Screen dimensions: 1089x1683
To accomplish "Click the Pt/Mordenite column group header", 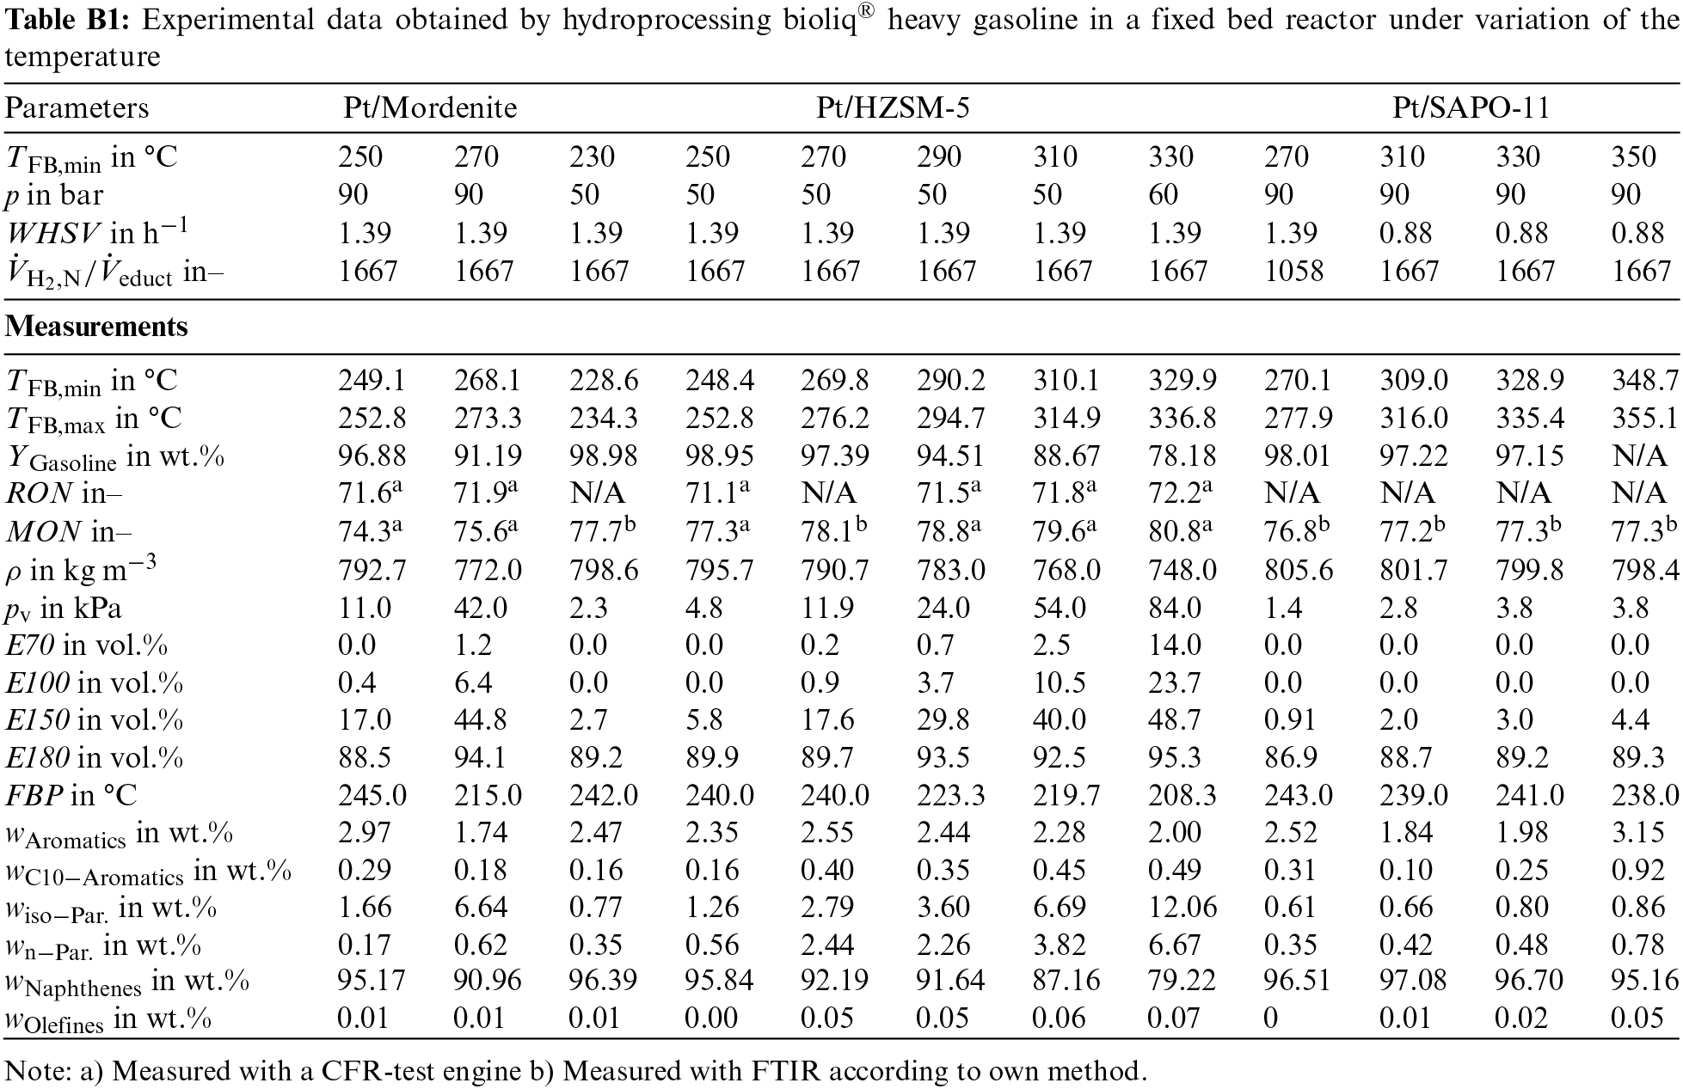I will [x=430, y=108].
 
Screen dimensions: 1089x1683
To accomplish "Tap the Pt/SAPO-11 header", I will [x=1471, y=108].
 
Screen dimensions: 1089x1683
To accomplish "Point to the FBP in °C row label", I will [x=71, y=795].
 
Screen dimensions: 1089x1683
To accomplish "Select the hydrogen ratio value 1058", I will [x=1294, y=272].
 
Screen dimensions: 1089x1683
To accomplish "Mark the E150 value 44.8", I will [x=482, y=720].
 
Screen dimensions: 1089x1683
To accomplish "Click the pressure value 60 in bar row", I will [x=1163, y=195].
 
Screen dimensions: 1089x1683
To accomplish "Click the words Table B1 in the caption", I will [x=67, y=20].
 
